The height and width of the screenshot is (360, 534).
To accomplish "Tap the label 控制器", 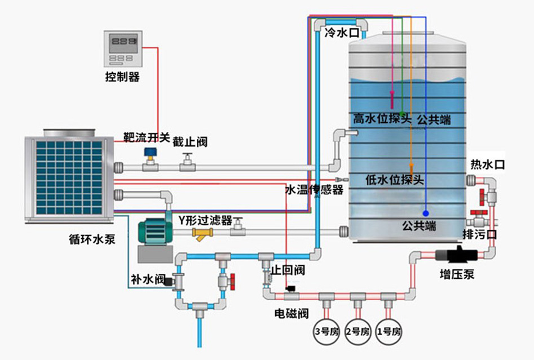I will pyautogui.click(x=122, y=77).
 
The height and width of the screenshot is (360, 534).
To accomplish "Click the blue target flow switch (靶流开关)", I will pyautogui.click(x=149, y=154).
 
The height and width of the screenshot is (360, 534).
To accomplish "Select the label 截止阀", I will pyautogui.click(x=190, y=142).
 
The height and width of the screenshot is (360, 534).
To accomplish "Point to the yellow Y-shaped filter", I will pyautogui.click(x=201, y=234).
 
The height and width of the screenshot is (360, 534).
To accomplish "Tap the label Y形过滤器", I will pyautogui.click(x=205, y=220).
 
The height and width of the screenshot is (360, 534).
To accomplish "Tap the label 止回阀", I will pyautogui.click(x=288, y=270).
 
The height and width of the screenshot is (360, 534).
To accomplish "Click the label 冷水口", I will pyautogui.click(x=342, y=34).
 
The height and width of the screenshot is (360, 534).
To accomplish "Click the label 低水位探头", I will pyautogui.click(x=394, y=180).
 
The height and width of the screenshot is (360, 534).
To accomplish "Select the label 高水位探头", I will pyautogui.click(x=382, y=119).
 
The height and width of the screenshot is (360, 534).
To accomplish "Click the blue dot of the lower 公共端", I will pyautogui.click(x=426, y=214).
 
